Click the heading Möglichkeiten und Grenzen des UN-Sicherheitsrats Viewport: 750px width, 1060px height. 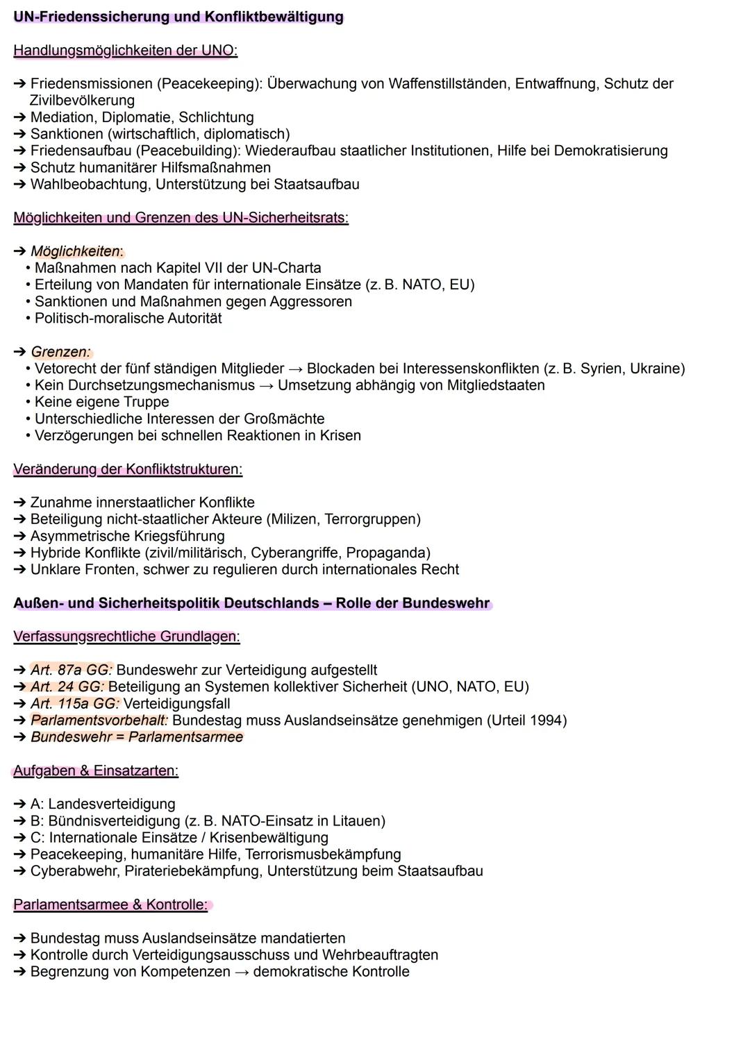point(181,218)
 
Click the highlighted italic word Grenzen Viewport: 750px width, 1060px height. point(60,352)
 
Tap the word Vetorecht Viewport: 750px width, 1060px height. point(67,369)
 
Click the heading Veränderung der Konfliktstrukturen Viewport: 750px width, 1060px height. point(128,469)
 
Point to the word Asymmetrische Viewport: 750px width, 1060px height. point(78,536)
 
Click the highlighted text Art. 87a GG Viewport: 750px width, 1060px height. point(71,670)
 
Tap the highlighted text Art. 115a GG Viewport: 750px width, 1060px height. point(74,703)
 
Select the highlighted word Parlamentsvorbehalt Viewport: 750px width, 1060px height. point(99,720)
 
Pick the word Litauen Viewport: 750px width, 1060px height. point(356,821)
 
